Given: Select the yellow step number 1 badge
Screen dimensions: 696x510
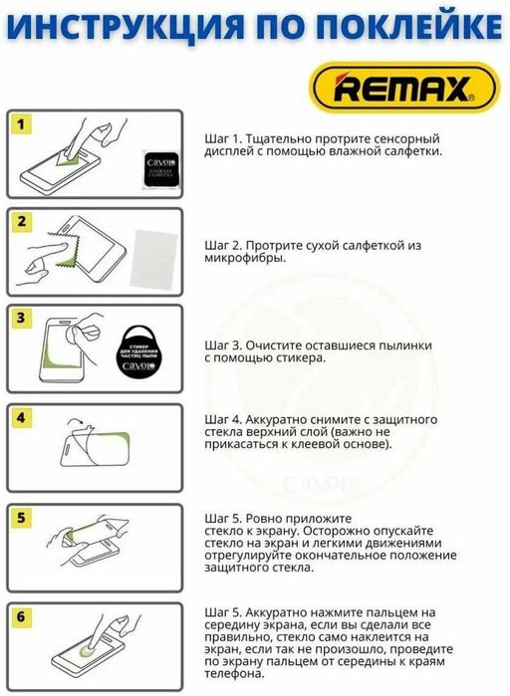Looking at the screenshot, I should pyautogui.click(x=22, y=124).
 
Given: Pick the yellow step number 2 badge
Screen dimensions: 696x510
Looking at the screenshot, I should pyautogui.click(x=22, y=222).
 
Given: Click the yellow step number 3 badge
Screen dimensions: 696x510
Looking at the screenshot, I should pyautogui.click(x=22, y=320).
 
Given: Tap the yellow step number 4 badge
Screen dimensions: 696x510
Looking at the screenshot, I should pyautogui.click(x=22, y=417).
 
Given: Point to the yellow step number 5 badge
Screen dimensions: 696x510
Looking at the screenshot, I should pyautogui.click(x=22, y=518).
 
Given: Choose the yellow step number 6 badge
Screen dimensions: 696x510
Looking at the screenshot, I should pyautogui.click(x=22, y=616).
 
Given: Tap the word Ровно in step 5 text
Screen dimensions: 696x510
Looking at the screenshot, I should pyautogui.click(x=265, y=520).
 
